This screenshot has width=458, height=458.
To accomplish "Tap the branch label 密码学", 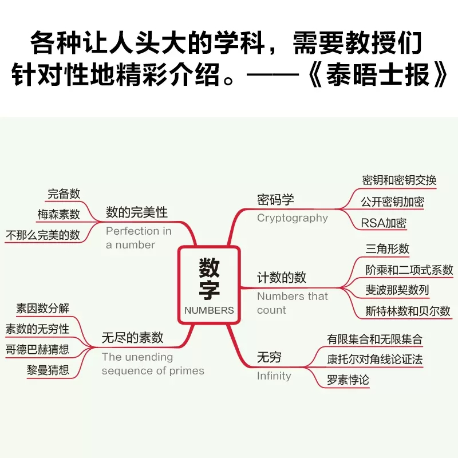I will (275, 200).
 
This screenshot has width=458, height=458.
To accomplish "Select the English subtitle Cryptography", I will (292, 218).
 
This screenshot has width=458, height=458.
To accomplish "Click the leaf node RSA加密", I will (384, 223).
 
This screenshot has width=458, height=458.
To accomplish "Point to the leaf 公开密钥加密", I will (392, 202).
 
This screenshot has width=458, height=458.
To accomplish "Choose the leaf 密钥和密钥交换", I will (399, 180).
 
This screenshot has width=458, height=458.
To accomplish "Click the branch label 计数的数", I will (282, 278).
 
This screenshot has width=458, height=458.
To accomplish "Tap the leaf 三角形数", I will (388, 249).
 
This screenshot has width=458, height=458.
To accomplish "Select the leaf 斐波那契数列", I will (397, 290).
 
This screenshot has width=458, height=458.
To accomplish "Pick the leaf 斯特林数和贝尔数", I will (408, 311).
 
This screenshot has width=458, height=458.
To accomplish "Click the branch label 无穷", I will (269, 358).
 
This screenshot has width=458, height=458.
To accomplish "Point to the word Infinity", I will (274, 376).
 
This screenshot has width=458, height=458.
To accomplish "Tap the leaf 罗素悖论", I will (348, 380).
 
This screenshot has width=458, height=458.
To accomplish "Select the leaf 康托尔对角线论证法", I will (374, 359).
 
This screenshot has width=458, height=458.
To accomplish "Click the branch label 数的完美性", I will (137, 212).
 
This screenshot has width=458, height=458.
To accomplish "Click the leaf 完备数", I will (64, 194).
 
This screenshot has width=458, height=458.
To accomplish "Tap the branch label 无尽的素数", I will (132, 338).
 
